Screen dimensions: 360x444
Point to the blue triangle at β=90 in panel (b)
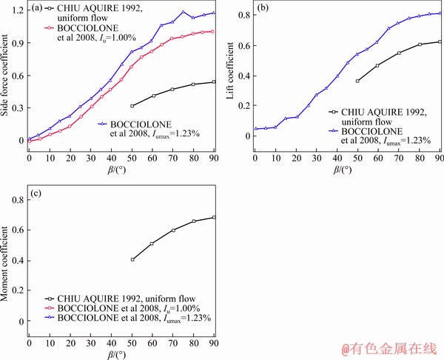pos(440,13)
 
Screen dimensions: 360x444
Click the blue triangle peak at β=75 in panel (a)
pos(184,12)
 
